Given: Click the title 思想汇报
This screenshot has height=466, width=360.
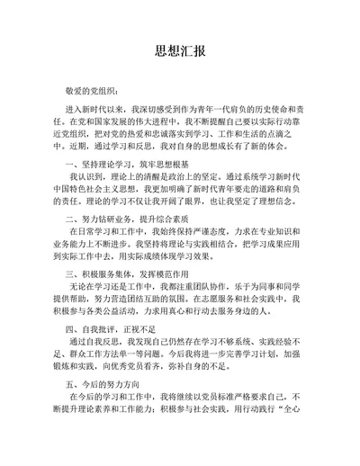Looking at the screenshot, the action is (179, 49).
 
